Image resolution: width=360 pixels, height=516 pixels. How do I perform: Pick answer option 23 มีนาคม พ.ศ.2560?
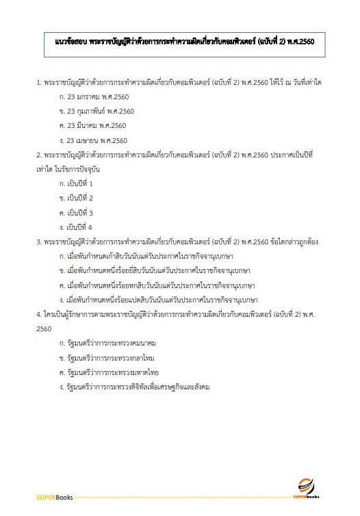[97, 126]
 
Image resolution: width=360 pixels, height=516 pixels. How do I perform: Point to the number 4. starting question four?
[38, 313]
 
